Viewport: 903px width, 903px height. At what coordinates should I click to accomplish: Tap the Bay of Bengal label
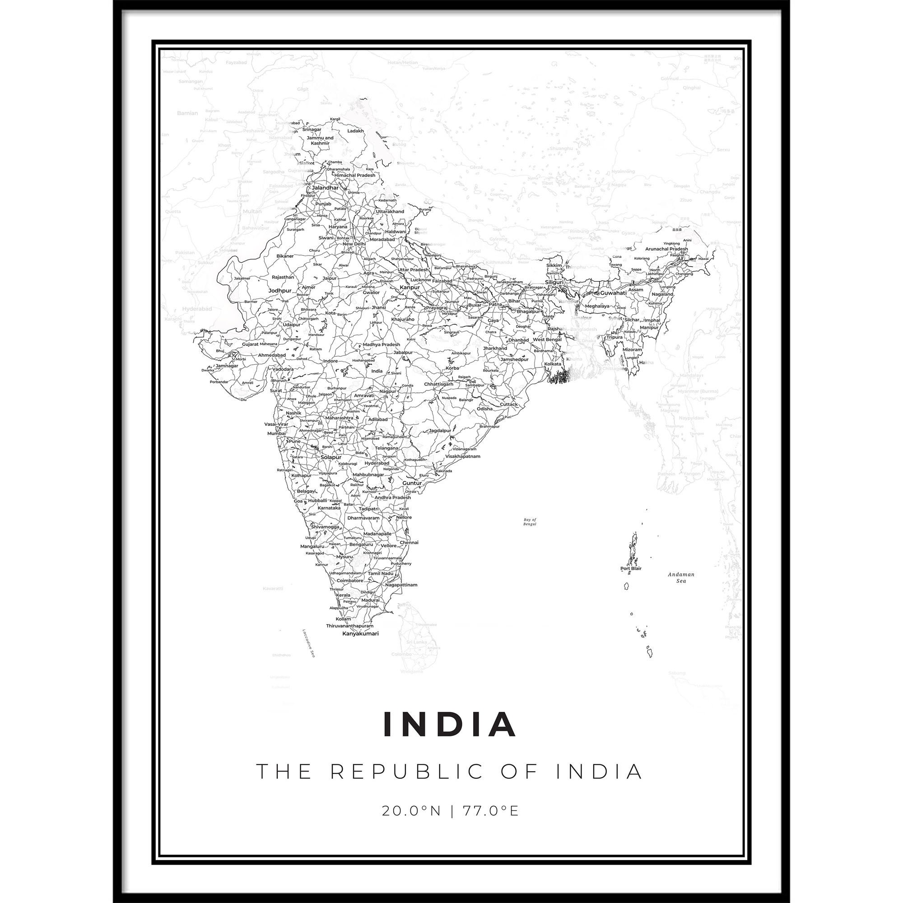tap(530, 521)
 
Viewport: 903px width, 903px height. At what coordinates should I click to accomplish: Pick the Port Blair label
tap(631, 569)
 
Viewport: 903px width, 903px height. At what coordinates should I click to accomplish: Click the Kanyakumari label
tap(360, 634)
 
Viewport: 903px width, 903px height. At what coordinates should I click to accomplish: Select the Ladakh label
tap(356, 131)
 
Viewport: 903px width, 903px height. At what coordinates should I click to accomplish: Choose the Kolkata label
tap(553, 363)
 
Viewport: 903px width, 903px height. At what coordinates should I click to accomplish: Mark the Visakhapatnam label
tap(463, 456)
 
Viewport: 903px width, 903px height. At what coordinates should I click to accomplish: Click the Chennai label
tap(409, 543)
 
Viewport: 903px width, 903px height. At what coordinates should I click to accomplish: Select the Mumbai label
tap(277, 433)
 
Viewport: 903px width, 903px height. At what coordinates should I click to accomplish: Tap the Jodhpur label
tap(280, 290)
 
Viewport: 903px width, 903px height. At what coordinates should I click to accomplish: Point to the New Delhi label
tap(354, 244)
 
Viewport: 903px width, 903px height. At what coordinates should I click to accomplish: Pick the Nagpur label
tap(388, 391)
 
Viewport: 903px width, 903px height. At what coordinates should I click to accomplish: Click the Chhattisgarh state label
tap(438, 384)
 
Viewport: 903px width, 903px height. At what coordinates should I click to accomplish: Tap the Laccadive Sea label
tap(308, 642)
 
